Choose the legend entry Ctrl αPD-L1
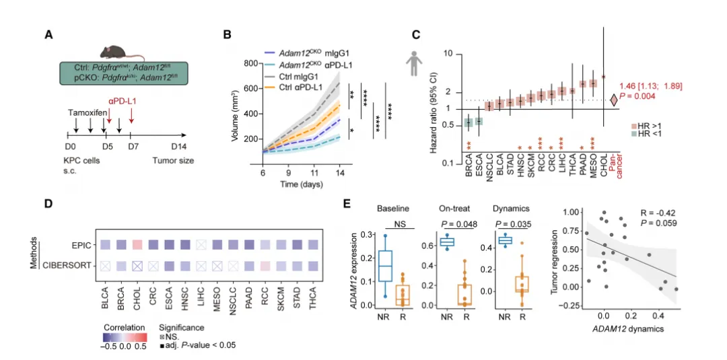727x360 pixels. click(x=307, y=87)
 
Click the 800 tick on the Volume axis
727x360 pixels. click(x=252, y=63)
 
